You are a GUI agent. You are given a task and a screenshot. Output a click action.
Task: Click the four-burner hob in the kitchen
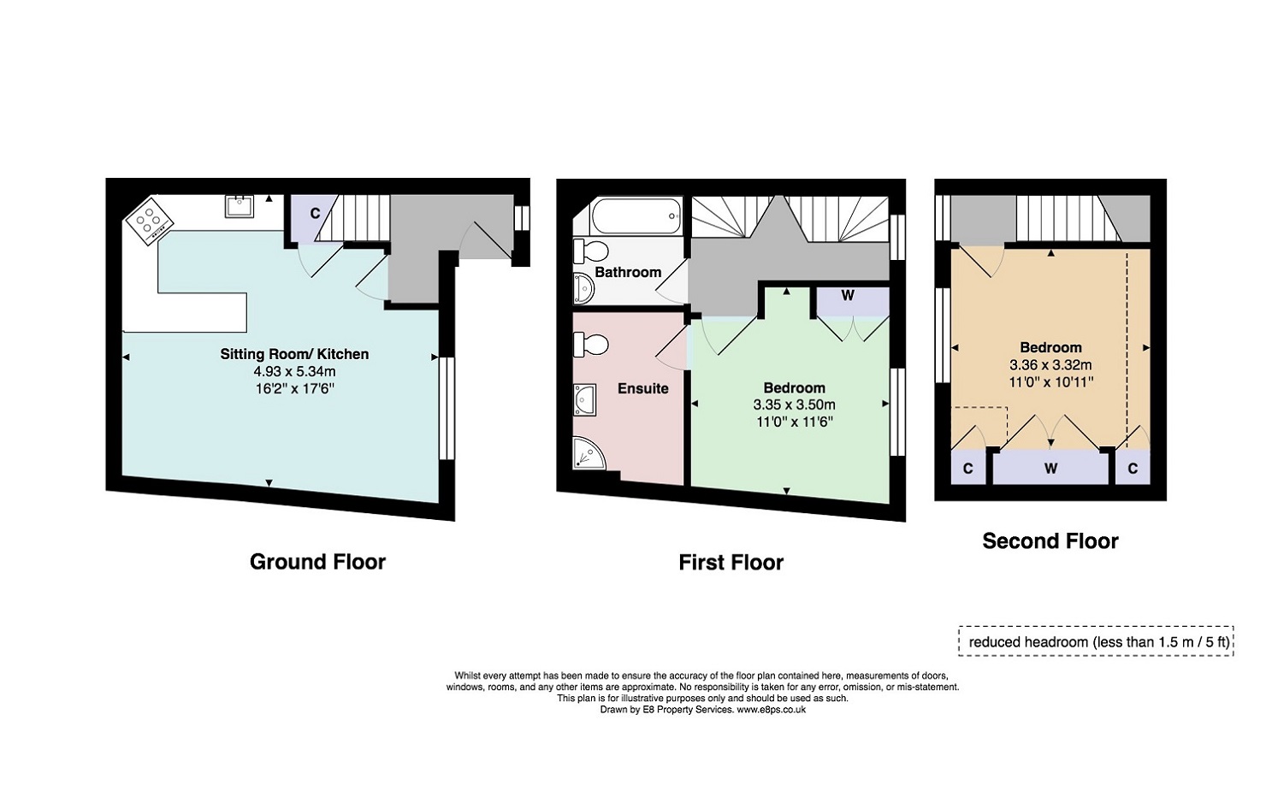[149, 221]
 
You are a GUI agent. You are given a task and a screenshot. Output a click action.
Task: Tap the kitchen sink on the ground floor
[239, 207]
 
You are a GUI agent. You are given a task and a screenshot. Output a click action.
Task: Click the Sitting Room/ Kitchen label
[295, 354]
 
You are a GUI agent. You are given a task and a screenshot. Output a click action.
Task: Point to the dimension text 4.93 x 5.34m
[295, 372]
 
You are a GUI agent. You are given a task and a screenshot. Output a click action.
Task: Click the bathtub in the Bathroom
[636, 215]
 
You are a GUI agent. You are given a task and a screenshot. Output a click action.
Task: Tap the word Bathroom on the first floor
[628, 272]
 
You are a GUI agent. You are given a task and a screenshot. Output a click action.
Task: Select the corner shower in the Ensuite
[589, 453]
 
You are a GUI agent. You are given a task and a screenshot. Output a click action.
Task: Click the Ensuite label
[642, 389]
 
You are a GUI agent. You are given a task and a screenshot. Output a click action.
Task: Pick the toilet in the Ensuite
[590, 344]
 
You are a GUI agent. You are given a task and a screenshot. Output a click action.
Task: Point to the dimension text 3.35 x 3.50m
[795, 404]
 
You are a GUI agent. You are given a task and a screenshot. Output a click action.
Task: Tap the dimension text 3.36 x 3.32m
[1050, 365]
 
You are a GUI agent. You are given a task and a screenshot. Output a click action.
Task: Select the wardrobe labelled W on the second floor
[1050, 469]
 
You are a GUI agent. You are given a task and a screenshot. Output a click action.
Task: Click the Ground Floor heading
[317, 562]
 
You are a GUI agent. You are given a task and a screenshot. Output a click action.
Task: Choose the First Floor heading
[731, 563]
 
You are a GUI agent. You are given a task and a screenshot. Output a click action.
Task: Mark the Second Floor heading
[1050, 541]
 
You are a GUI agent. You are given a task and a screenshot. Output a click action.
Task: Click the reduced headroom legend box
[1096, 641]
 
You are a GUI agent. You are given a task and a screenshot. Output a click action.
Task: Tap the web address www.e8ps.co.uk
[771, 710]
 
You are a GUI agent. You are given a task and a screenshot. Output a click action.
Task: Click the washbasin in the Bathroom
[583, 288]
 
